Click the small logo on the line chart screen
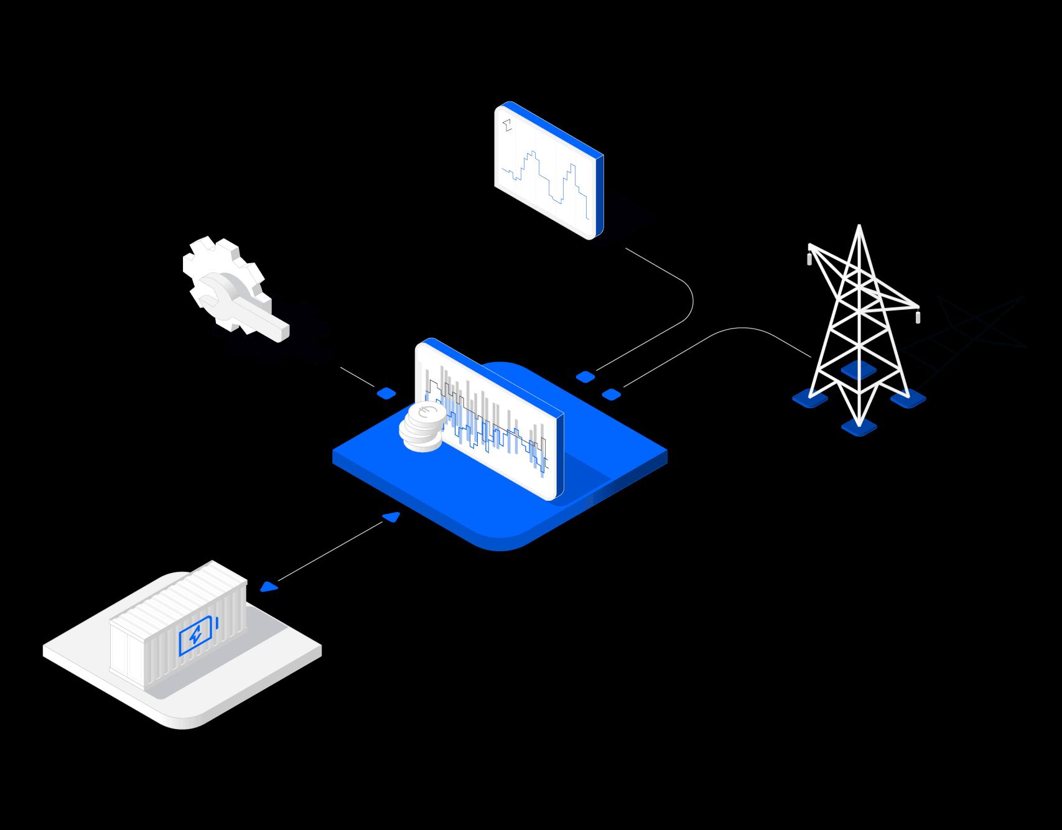508,124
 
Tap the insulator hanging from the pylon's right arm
918,316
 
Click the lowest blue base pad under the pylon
859,427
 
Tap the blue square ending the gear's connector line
386,393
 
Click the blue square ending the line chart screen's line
585,376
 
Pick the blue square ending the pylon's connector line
612,394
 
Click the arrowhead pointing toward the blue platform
392,516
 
